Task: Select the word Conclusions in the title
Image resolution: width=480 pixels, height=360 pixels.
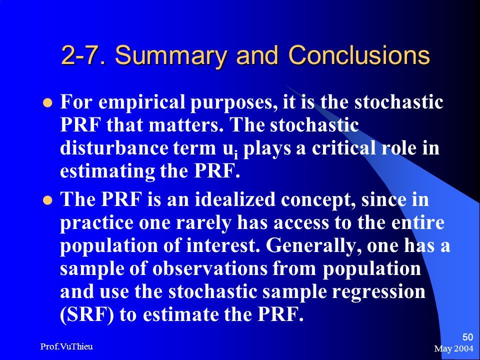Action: point(359,55)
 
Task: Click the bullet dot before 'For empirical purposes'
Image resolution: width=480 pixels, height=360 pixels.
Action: point(47,102)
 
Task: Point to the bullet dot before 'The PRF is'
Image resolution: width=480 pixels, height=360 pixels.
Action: point(47,200)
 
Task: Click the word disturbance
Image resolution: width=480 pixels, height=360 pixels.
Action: point(114,148)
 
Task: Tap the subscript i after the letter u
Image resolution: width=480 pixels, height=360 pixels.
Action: point(235,154)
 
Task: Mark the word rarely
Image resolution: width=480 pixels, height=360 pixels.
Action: point(203,224)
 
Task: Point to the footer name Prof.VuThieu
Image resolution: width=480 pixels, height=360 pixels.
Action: point(66,346)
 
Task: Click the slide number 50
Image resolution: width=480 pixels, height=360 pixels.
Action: point(467,337)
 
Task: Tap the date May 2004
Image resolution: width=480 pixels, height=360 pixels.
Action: point(453,348)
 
